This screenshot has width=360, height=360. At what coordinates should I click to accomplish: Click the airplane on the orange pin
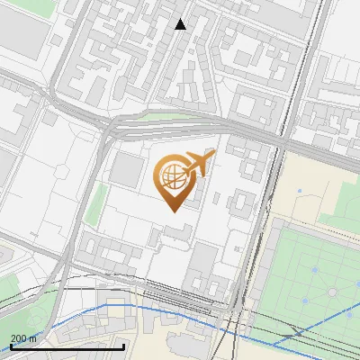199,164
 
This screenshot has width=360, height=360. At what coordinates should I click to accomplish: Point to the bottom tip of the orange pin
171,210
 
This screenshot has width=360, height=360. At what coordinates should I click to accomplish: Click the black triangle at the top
181,24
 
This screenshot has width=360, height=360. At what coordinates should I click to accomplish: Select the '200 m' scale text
24,337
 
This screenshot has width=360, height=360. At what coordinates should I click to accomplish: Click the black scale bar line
67,346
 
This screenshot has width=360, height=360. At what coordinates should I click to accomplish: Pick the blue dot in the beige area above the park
298,191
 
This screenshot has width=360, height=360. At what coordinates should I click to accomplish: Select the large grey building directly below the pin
203,266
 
